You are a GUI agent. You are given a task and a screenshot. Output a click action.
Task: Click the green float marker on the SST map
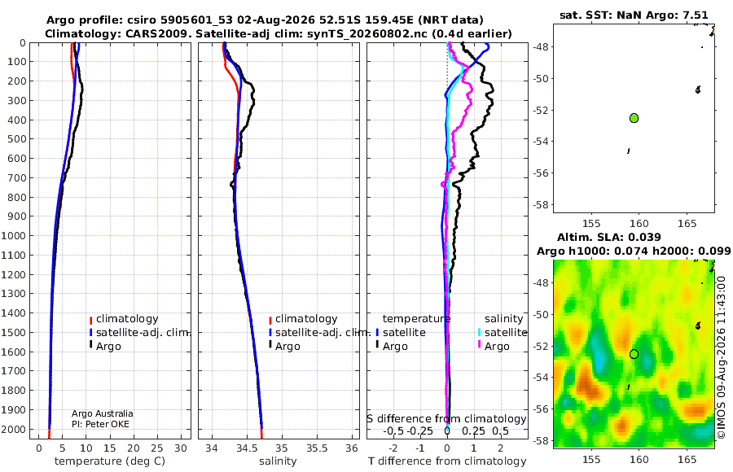point(634,118)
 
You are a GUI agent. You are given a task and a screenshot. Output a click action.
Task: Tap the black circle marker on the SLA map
point(634,354)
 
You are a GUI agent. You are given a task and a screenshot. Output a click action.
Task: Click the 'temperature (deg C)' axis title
point(110,461)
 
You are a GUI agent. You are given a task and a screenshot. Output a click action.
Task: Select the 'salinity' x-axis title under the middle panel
point(278,461)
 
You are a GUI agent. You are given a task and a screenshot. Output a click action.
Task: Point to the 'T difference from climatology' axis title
point(447,461)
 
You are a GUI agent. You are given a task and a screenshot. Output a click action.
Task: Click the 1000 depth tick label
point(14,235)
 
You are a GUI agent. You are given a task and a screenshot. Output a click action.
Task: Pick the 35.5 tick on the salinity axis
point(317,448)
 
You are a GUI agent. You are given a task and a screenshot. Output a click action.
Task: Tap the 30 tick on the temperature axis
point(181,448)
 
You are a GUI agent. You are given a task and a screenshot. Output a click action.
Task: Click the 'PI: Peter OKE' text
point(100,424)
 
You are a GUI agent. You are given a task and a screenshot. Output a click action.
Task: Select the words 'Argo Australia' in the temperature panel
point(103,413)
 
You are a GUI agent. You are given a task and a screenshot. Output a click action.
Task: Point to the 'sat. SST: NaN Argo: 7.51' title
point(634,15)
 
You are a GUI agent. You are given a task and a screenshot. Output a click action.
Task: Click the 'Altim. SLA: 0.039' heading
point(609,238)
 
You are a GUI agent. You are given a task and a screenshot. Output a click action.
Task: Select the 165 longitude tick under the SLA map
point(687,459)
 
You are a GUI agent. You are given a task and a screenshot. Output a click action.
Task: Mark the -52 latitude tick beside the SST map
point(542,111)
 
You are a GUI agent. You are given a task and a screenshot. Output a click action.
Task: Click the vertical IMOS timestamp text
point(722,357)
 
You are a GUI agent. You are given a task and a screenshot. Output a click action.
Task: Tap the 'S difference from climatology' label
point(447,419)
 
